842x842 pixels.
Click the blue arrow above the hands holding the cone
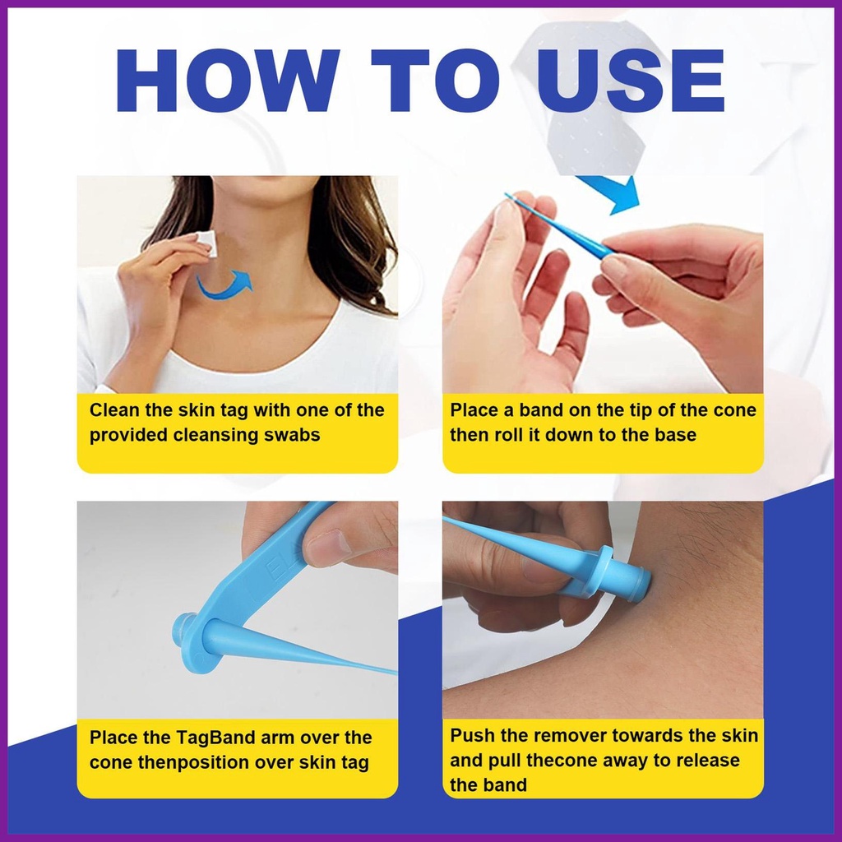click(618, 193)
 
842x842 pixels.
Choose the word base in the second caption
click(675, 435)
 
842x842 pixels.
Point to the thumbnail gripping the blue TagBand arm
click(326, 548)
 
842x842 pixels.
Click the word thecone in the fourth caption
click(562, 761)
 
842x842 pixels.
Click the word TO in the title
click(436, 81)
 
